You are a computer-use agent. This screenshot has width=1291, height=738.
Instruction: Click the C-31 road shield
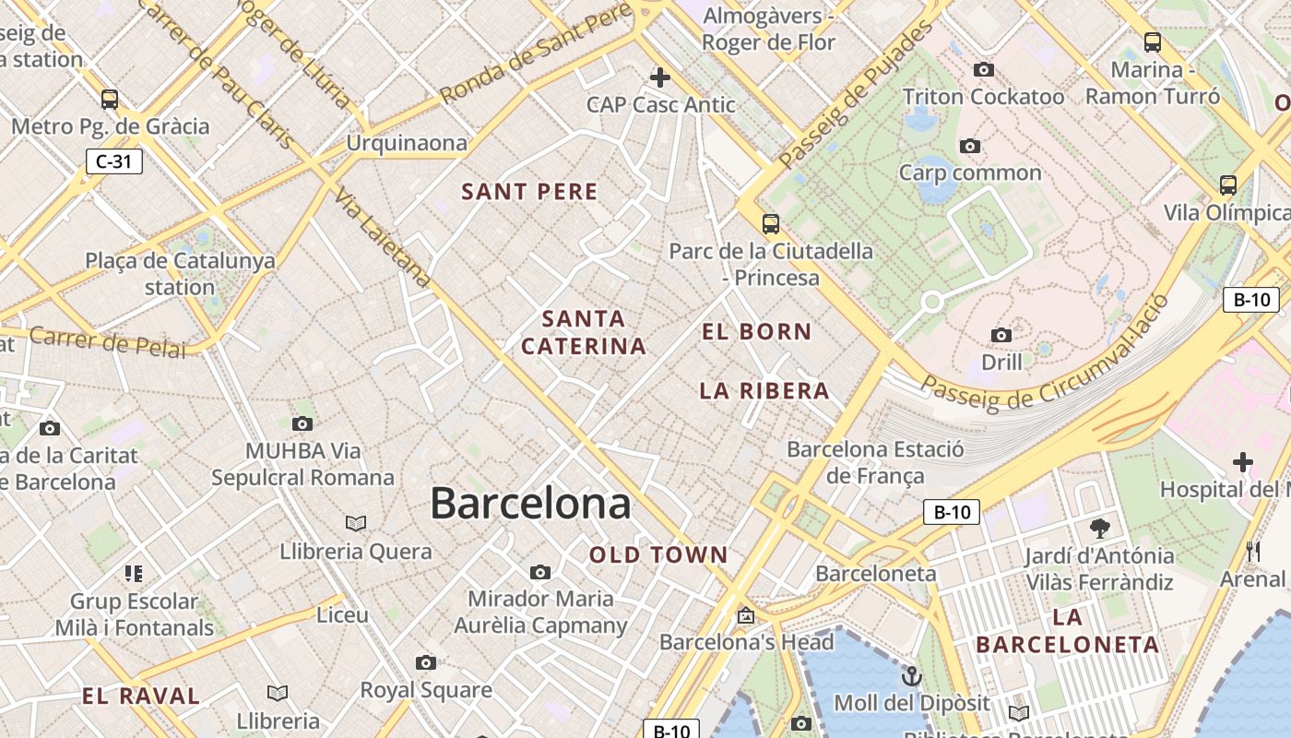point(114,161)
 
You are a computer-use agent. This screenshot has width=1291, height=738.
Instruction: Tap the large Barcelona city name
point(530,504)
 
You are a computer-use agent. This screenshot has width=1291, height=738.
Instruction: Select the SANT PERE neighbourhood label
point(529,192)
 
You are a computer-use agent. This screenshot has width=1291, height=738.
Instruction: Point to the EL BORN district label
point(757,332)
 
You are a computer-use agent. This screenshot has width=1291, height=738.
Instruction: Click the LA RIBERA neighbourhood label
point(764,391)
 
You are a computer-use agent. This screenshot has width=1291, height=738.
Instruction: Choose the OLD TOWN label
point(658,555)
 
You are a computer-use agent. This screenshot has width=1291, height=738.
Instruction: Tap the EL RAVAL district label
point(141,696)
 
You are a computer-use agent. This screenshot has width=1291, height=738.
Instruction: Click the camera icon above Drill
point(1001,335)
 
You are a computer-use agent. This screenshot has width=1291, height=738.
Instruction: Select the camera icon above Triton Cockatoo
point(984,70)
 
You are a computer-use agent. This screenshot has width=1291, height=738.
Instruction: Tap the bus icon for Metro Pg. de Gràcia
point(110,99)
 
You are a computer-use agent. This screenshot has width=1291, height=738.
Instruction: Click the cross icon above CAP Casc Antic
point(660,77)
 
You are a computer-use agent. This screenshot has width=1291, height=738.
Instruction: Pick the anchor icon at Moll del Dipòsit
point(911,676)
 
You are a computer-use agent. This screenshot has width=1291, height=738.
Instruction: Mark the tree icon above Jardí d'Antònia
point(1099,529)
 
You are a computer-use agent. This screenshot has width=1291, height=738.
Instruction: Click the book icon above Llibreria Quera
point(356,524)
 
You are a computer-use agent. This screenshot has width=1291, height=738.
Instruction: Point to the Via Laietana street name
point(383,238)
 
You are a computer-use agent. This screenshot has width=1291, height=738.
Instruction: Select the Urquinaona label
point(407,143)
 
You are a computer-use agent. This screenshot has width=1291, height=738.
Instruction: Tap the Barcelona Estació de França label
point(875,462)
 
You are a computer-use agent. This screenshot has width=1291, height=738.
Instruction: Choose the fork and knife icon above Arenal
point(1252,552)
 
